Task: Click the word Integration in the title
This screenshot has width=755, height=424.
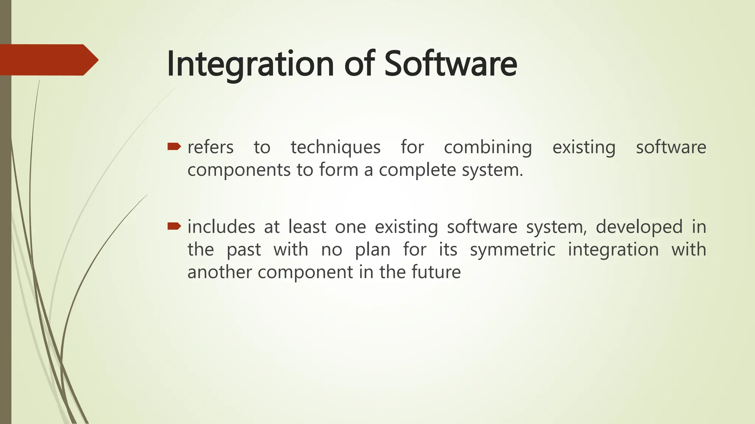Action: pyautogui.click(x=250, y=64)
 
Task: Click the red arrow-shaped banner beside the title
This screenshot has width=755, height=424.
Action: pyautogui.click(x=48, y=60)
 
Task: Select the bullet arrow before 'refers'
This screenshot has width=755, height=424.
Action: pyautogui.click(x=174, y=147)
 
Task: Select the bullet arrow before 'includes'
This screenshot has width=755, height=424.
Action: pyautogui.click(x=174, y=226)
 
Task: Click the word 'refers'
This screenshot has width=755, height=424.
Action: pyautogui.click(x=210, y=147)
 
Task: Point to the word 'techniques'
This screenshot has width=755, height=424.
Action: pyautogui.click(x=335, y=148)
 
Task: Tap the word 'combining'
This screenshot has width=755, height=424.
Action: pyautogui.click(x=488, y=148)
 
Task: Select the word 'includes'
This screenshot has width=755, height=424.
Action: pyautogui.click(x=221, y=227)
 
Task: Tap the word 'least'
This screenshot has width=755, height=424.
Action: pyautogui.click(x=307, y=227)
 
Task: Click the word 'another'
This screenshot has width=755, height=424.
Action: pyautogui.click(x=219, y=272)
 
